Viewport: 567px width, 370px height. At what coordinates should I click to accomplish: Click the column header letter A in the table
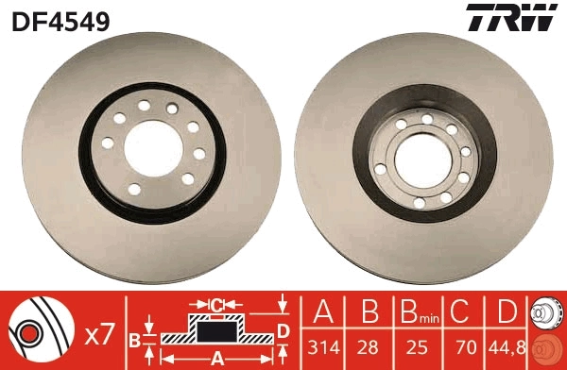[324, 312]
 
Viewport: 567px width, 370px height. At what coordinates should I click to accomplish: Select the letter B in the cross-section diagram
[134, 337]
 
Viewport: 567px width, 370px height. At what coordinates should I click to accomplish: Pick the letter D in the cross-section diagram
[283, 329]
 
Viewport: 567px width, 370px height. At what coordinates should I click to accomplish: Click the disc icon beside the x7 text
[40, 331]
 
